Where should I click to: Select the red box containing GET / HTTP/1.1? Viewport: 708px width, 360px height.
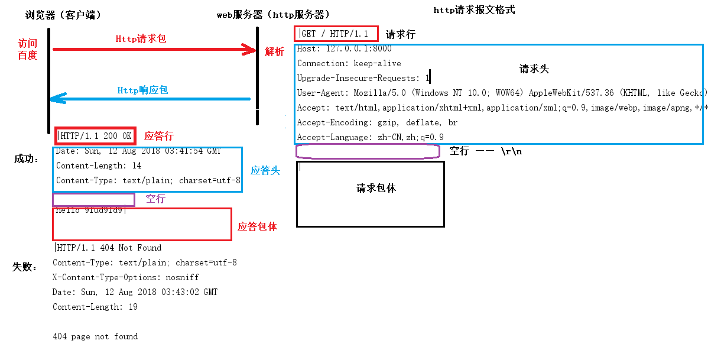(x=335, y=34)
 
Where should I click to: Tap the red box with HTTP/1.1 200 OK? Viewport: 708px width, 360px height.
(x=96, y=136)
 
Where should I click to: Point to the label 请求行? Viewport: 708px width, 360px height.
(x=401, y=34)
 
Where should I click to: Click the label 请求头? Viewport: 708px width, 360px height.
(x=534, y=69)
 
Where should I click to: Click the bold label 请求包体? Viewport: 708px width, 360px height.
(x=376, y=188)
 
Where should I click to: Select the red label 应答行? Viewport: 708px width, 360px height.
(x=159, y=136)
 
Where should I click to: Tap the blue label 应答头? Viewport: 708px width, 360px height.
(x=265, y=171)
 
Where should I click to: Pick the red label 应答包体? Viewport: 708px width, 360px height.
(x=257, y=226)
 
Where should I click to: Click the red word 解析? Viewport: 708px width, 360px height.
(x=274, y=52)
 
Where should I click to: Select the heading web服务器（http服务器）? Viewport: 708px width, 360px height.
(x=274, y=15)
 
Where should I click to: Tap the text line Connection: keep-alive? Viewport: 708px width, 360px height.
(x=349, y=63)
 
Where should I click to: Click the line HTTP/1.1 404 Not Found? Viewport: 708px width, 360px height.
(x=108, y=248)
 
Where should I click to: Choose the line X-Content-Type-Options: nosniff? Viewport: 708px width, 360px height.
(x=125, y=277)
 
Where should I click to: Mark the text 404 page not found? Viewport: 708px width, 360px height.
(x=95, y=336)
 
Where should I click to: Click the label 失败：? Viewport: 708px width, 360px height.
(x=25, y=267)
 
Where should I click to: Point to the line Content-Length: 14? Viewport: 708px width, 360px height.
(x=99, y=166)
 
